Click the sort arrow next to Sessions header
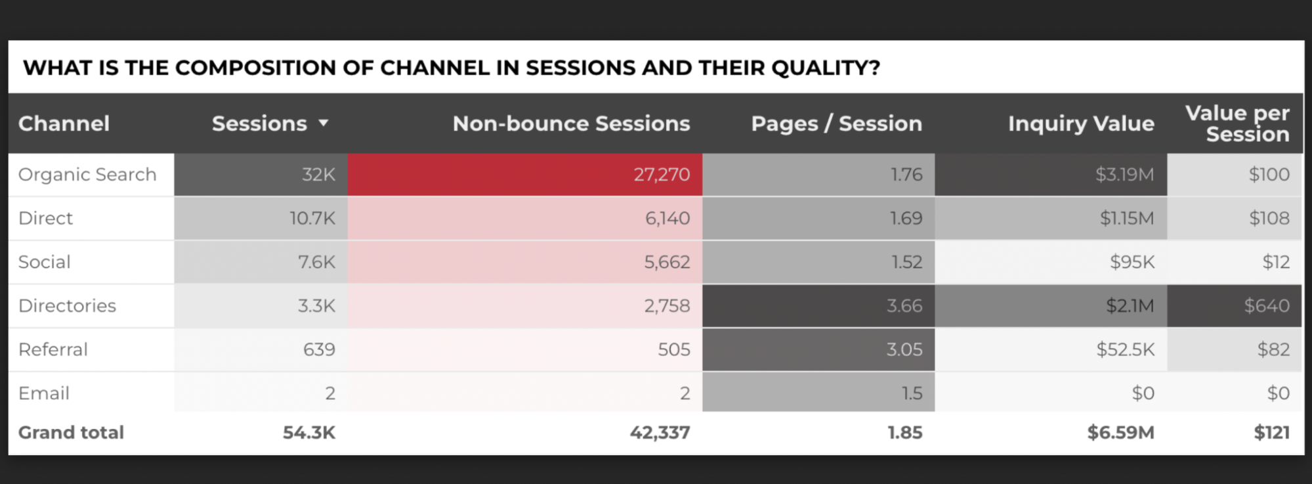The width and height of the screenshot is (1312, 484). pos(323,123)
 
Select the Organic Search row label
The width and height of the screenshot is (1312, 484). pos(87,175)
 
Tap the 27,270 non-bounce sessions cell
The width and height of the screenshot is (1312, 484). pos(661,175)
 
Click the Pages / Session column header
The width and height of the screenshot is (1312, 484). pos(836,123)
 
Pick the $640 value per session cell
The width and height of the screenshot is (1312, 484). pos(1266,306)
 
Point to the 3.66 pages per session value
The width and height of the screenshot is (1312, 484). pos(904,306)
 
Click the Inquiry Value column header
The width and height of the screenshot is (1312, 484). pos(1080,123)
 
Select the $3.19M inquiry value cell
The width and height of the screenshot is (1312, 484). pos(1124,175)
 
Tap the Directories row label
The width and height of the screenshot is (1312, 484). pos(67,306)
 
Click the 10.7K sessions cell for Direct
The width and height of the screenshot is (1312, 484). pos(312,218)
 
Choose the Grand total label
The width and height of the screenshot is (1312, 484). pos(71,433)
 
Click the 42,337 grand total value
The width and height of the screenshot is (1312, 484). pos(660,433)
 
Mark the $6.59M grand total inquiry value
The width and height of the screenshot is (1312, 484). pos(1120,433)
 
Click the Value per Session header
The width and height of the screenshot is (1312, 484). pos(1237,123)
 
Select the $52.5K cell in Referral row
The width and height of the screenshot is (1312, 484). pos(1124,349)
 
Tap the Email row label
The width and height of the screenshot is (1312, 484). pos(43,393)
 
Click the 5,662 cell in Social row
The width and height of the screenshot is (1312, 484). pos(666,262)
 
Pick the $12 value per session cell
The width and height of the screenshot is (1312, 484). pos(1275,262)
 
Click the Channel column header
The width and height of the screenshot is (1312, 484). pos(64,123)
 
